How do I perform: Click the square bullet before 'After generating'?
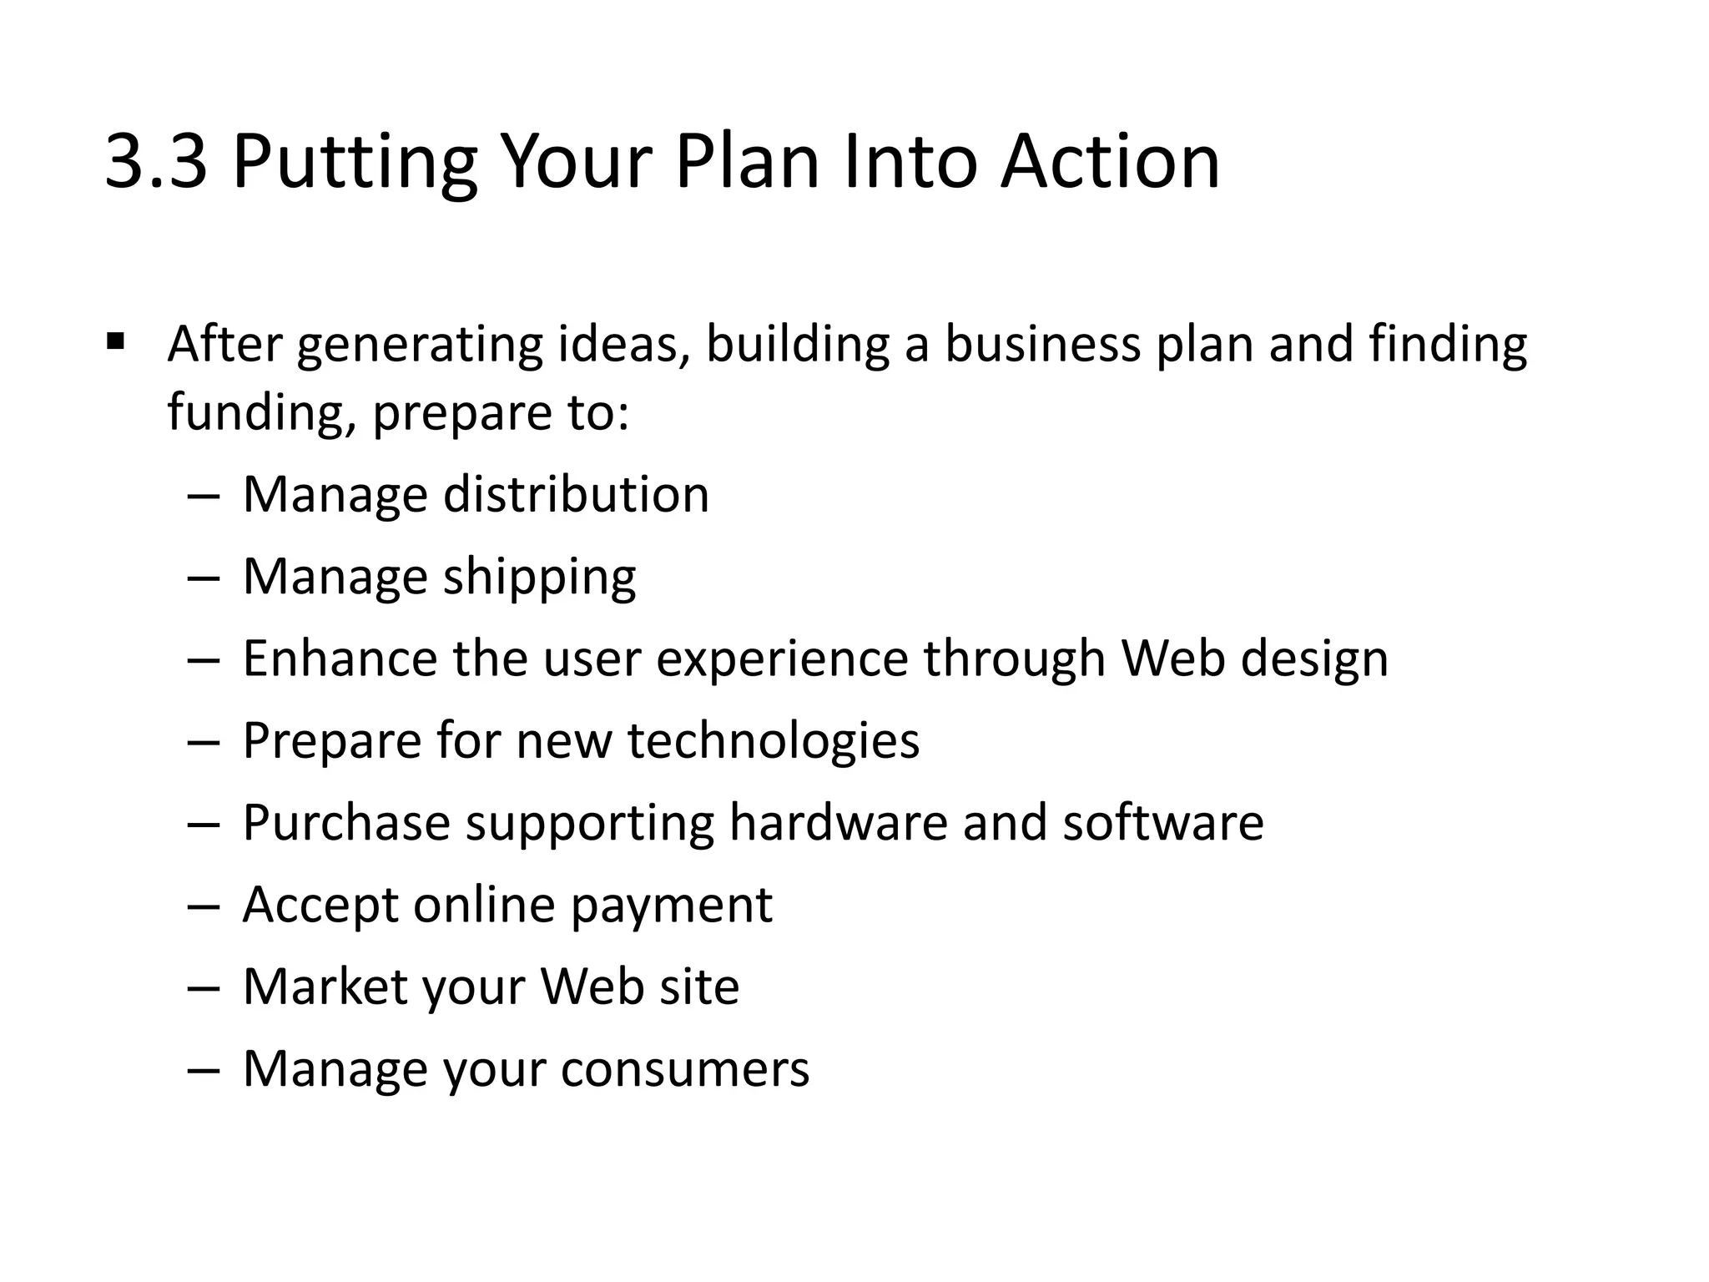116,341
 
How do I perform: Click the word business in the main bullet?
1042,344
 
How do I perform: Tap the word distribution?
576,494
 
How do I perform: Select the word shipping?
539,578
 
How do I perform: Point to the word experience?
782,659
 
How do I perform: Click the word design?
1314,659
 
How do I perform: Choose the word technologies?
774,741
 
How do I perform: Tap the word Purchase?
346,823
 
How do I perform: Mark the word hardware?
839,823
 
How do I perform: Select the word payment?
672,906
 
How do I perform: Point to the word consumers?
684,1069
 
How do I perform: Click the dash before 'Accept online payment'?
204,906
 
